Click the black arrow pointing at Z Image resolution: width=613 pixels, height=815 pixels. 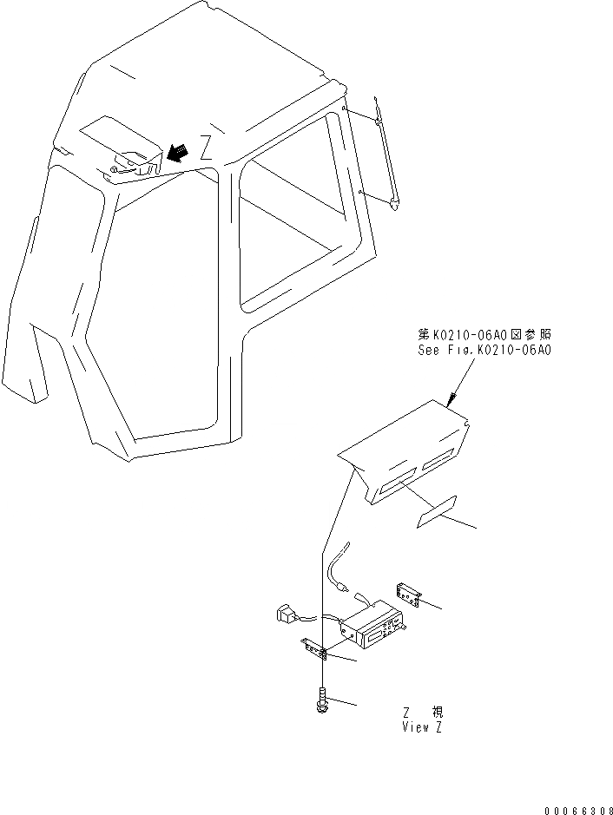click(177, 152)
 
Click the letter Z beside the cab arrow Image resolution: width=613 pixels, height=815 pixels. click(205, 148)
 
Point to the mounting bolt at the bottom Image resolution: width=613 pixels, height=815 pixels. click(322, 700)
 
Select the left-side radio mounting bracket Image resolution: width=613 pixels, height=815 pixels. click(313, 647)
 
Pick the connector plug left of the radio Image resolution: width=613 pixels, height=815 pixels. click(286, 616)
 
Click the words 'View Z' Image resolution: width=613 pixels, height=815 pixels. click(422, 727)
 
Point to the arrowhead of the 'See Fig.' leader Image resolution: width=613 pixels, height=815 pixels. click(450, 402)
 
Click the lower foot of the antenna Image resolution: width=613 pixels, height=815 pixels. click(395, 203)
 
